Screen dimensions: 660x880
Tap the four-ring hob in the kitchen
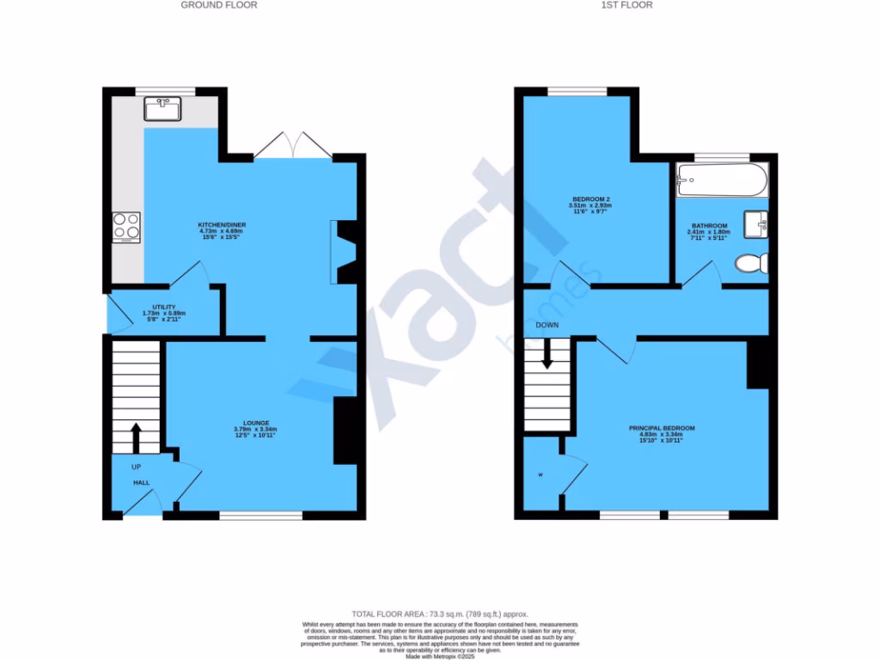pyautogui.click(x=126, y=226)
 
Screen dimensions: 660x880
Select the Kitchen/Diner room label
pyautogui.click(x=223, y=224)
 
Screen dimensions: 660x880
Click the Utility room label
pyautogui.click(x=164, y=307)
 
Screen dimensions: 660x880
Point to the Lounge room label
pyautogui.click(x=256, y=423)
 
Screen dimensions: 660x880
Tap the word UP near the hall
pyautogui.click(x=136, y=467)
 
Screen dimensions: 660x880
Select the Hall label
pyautogui.click(x=141, y=483)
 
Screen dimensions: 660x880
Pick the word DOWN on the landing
pyautogui.click(x=547, y=326)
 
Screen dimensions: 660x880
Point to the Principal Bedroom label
pyautogui.click(x=662, y=428)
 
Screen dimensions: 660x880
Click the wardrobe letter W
pyautogui.click(x=541, y=474)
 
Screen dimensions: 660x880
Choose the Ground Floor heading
pyautogui.click(x=218, y=5)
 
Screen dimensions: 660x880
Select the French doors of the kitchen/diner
pyautogui.click(x=293, y=146)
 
